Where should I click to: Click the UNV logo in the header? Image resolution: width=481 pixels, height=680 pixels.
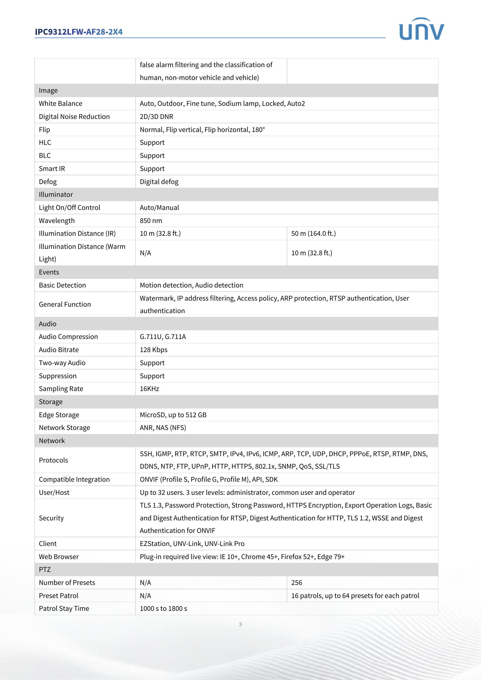click(x=421, y=29)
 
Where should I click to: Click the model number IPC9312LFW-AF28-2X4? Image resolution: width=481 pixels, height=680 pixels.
click(x=79, y=32)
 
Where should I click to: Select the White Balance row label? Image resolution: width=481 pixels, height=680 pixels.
click(x=60, y=104)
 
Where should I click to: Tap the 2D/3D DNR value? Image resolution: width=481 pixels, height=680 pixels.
click(x=156, y=117)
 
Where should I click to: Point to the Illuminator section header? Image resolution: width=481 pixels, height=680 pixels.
click(x=56, y=194)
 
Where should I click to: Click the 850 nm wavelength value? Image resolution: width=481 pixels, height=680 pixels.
click(x=151, y=221)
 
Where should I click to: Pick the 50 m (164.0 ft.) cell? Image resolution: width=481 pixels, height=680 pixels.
click(x=313, y=234)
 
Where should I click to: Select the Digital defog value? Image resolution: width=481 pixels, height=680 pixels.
click(x=159, y=182)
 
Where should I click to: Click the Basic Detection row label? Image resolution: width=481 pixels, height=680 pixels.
click(x=62, y=285)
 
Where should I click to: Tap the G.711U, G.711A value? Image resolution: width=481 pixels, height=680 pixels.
click(x=163, y=337)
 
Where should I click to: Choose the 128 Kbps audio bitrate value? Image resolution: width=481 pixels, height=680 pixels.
click(x=154, y=350)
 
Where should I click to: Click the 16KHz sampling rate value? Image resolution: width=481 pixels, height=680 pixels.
click(x=149, y=389)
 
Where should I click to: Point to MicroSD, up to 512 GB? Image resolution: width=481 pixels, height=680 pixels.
click(x=173, y=415)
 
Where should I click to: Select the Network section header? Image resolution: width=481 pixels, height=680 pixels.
click(x=52, y=441)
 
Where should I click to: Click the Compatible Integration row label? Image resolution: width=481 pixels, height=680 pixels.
click(x=74, y=479)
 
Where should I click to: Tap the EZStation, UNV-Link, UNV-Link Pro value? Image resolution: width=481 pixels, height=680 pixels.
click(x=192, y=544)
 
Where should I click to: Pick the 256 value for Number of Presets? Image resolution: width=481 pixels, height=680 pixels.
click(x=296, y=583)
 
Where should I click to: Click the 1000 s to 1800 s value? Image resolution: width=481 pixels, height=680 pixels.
click(x=163, y=608)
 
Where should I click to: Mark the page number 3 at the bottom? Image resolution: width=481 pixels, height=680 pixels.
click(x=240, y=624)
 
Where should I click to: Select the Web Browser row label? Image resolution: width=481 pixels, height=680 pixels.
click(x=59, y=557)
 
